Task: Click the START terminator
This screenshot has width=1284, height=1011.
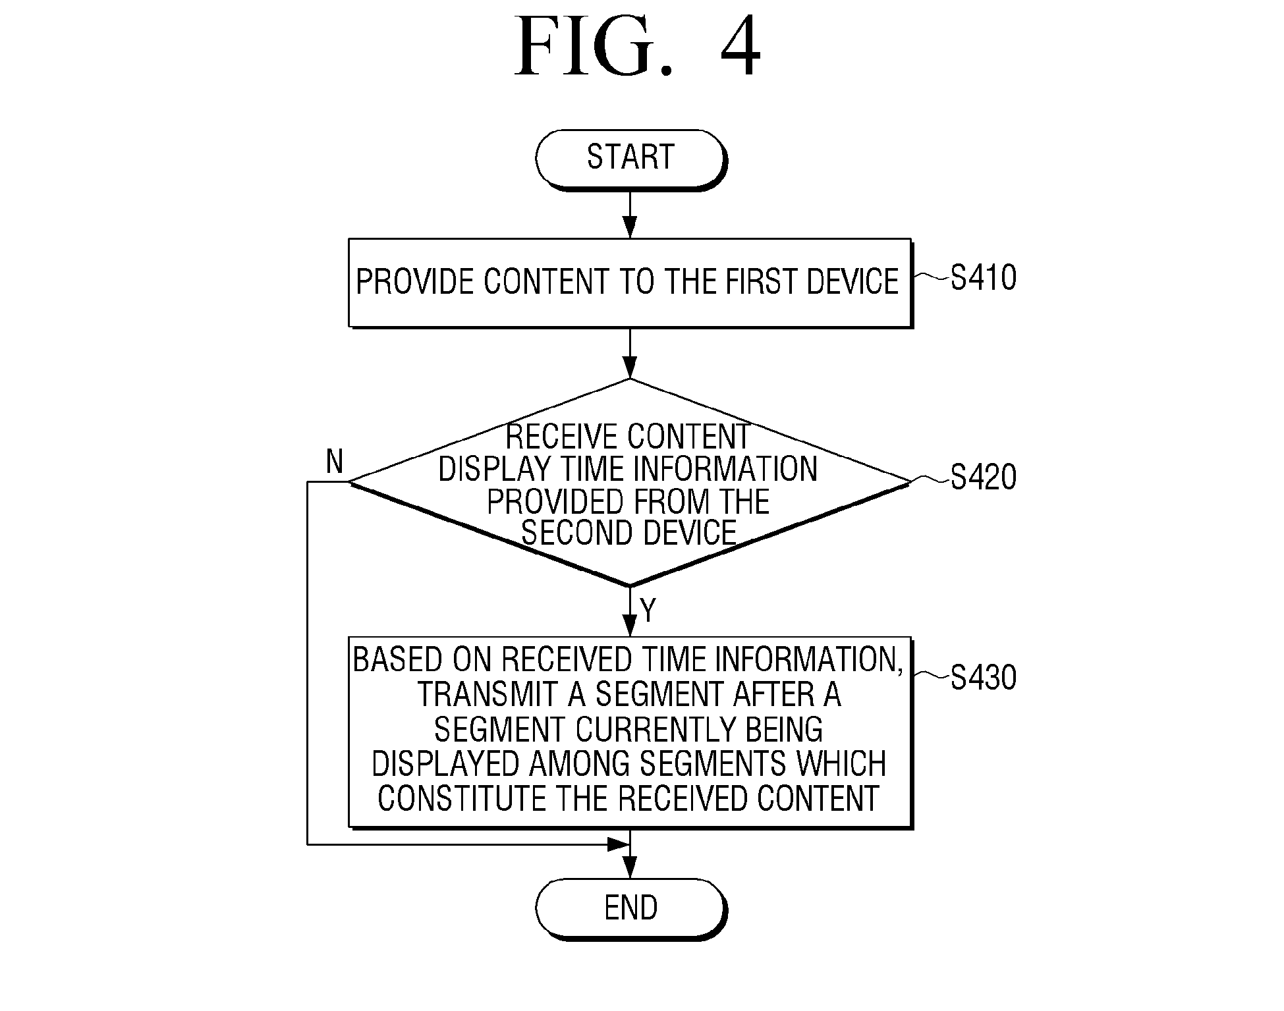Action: tap(630, 160)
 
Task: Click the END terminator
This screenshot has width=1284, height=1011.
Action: tap(630, 908)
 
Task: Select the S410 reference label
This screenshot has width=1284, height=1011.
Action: tap(983, 278)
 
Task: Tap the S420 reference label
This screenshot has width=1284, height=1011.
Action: tap(983, 477)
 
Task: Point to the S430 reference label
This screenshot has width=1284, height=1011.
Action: tap(983, 678)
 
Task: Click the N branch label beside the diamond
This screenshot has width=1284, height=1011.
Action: tap(335, 462)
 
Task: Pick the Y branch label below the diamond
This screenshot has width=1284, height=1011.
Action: tap(648, 611)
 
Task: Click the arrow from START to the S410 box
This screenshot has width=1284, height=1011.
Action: tap(630, 215)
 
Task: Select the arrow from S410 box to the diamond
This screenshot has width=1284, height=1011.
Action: tap(630, 353)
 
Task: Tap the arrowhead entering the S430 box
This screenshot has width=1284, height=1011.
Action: tap(630, 626)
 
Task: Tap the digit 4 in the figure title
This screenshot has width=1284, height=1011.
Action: tap(740, 46)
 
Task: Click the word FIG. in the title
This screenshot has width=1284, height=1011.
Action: tap(594, 46)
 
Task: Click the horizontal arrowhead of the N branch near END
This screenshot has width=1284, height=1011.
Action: tap(617, 844)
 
